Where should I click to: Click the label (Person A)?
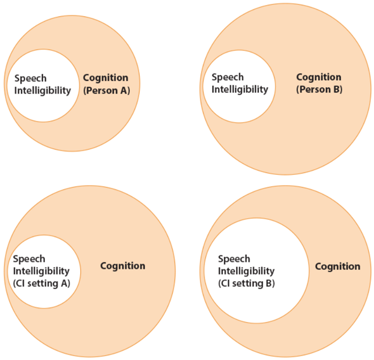[106, 90]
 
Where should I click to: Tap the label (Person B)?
[319, 89]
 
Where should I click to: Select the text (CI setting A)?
[41, 284]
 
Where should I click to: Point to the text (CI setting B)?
[246, 283]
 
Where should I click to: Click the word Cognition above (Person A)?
[105, 78]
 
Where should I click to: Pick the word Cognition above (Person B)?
[318, 77]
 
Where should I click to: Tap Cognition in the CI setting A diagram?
[122, 266]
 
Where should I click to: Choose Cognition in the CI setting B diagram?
[337, 266]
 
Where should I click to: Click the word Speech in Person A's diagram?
[30, 78]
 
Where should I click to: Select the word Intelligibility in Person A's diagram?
[42, 90]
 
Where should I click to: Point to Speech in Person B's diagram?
[227, 77]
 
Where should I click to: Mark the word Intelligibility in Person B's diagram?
[239, 89]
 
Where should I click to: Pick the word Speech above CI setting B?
[234, 259]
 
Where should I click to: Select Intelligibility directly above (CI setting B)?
[246, 271]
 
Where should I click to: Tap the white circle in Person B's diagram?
[239, 107]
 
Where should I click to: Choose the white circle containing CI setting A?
[43, 297]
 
